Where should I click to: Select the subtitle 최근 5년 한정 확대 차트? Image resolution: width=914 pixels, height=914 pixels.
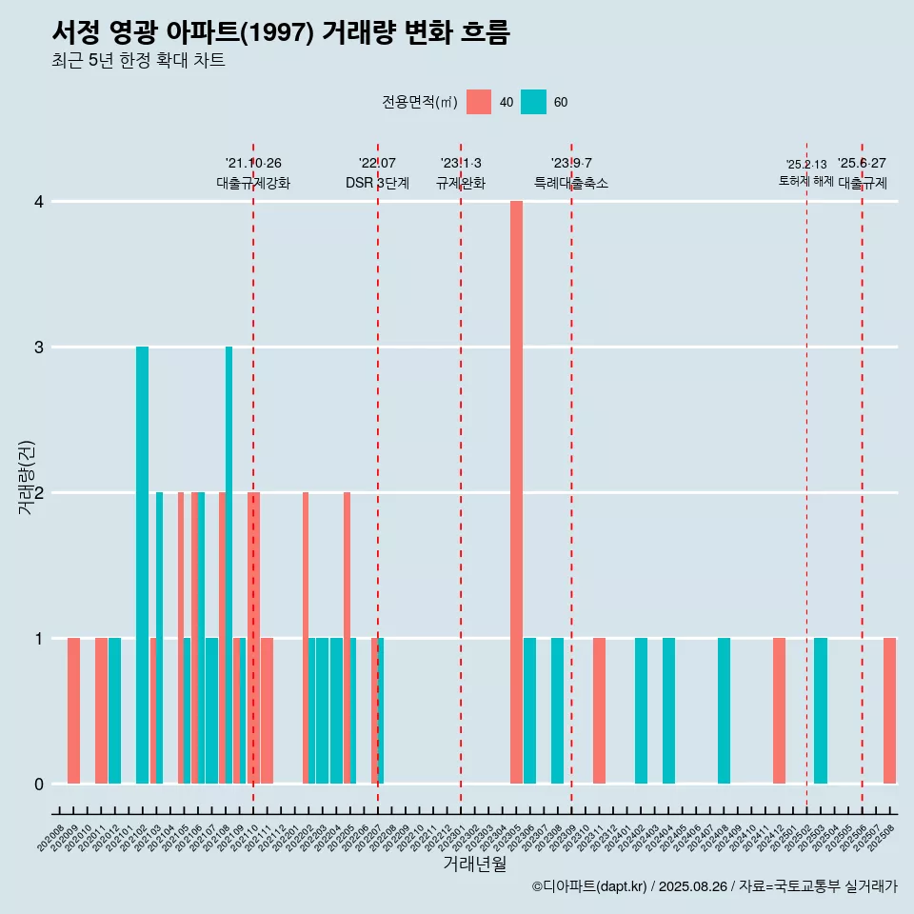(x=138, y=61)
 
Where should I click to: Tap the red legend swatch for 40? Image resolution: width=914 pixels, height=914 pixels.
(x=479, y=102)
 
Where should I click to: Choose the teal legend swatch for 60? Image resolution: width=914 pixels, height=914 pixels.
(x=534, y=102)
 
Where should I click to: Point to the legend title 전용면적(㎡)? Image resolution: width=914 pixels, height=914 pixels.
(x=420, y=102)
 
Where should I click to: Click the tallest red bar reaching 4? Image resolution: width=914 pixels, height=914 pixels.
(x=516, y=492)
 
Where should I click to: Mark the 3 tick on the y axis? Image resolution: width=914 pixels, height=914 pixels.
(x=39, y=347)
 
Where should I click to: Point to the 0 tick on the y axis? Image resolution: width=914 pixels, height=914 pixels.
(x=39, y=784)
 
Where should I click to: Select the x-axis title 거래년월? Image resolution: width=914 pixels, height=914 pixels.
(x=474, y=864)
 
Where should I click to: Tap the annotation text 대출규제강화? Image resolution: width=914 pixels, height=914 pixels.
(x=253, y=183)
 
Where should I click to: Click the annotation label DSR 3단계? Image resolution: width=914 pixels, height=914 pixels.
(x=377, y=183)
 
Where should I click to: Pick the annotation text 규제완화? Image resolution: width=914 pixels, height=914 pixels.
(x=461, y=183)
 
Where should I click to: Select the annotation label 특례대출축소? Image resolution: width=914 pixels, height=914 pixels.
(x=571, y=183)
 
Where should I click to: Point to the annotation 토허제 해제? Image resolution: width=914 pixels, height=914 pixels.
(x=806, y=181)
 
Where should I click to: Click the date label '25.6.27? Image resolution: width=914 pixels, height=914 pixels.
(x=862, y=164)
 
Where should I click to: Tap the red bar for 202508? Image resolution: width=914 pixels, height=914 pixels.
(x=889, y=710)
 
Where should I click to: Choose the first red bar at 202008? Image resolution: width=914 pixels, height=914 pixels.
(x=73, y=710)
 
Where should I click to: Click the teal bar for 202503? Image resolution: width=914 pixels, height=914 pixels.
(x=821, y=710)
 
